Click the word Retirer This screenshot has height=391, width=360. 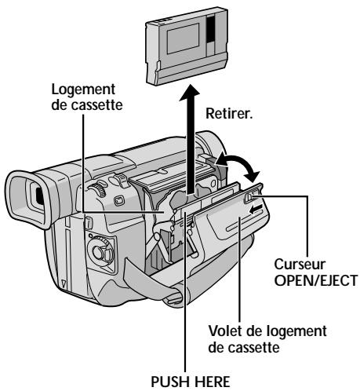click(229, 114)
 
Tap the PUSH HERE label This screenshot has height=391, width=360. click(191, 382)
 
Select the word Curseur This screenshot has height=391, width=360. click(300, 264)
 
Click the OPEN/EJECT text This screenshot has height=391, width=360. click(315, 280)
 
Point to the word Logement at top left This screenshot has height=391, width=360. click(83, 90)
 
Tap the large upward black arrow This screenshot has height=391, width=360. click(190, 139)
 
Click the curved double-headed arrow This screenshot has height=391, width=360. click(237, 164)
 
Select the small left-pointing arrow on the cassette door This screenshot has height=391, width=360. click(255, 209)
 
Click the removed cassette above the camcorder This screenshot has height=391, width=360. click(187, 47)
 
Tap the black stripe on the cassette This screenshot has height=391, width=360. click(211, 29)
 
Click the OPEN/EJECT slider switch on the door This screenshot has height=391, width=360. click(249, 197)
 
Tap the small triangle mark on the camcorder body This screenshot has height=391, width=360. click(64, 283)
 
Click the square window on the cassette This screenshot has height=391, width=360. click(183, 38)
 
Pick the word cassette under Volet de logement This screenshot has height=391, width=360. click(244, 347)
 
